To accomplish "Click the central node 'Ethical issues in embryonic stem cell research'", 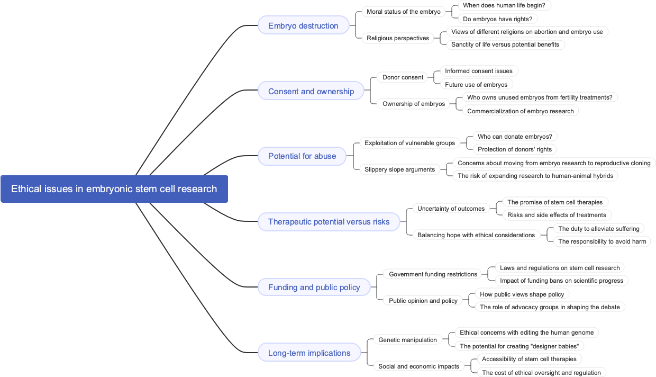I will tap(114, 189).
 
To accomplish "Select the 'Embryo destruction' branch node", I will tap(303, 25).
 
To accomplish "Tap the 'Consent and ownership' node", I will tap(311, 91).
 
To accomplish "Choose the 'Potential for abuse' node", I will tap(302, 156).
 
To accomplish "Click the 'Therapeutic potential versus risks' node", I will tap(329, 221).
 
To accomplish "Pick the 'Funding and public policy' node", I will tap(314, 287).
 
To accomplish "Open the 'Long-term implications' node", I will tap(309, 353).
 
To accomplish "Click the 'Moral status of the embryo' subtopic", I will tap(403, 12).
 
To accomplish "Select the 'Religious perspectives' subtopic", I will tap(398, 38).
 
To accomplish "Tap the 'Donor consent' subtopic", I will tap(403, 77).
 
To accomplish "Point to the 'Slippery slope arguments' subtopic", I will tap(399, 169).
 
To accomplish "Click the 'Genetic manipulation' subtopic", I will tap(407, 340).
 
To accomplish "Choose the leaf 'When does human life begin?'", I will tap(504, 5).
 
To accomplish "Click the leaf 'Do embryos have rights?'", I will tap(497, 19).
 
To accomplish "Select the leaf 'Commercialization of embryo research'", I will tap(520, 111).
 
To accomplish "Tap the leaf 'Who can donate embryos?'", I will tap(514, 137).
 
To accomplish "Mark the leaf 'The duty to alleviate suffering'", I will tap(598, 229).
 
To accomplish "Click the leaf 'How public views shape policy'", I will tap(522, 294).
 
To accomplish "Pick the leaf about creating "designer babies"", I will tap(518, 346).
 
